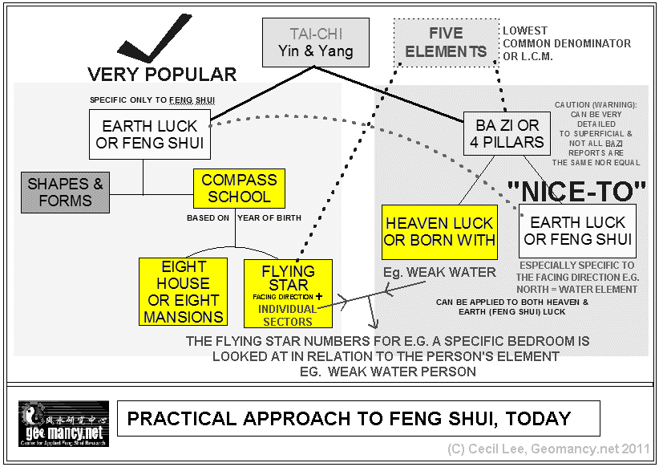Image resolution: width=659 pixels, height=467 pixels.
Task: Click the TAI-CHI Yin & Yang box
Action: pos(316,43)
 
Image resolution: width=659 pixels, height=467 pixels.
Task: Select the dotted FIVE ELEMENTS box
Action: pos(446,43)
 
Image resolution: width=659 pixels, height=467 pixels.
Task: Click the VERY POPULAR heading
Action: pos(162,75)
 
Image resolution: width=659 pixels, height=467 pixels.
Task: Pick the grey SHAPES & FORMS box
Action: pos(66,193)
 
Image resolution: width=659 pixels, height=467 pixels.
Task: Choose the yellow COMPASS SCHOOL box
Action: pos(239,188)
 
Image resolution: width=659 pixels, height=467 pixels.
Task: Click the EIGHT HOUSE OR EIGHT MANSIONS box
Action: pos(183,291)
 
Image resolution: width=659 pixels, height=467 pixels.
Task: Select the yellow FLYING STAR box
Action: pos(288,293)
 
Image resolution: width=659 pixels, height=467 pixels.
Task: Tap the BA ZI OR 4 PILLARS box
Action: pos(507,133)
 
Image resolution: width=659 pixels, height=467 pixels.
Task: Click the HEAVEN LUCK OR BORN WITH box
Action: pos(440,232)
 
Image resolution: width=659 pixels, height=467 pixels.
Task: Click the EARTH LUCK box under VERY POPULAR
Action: pos(150,134)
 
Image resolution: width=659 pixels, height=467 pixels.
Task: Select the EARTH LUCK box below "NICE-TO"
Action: pos(577,230)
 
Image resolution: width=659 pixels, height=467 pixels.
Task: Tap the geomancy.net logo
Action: pos(63,424)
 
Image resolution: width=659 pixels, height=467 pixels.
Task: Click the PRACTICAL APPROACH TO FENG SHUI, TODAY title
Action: pos(350,419)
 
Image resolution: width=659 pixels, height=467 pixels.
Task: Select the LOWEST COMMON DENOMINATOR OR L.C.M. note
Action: pos(566,43)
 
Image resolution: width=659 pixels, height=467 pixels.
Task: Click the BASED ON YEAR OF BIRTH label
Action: pos(236,217)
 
